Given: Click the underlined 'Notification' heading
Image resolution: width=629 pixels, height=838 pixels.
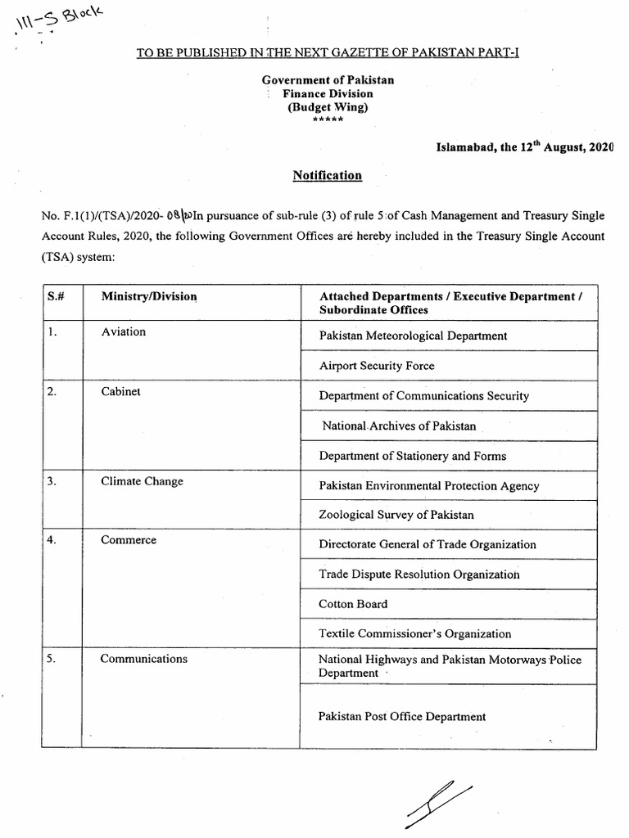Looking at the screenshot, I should coord(328,175).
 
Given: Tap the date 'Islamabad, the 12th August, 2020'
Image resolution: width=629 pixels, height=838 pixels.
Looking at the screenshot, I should coord(524,146).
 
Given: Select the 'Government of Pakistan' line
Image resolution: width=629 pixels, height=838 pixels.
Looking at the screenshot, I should coord(328,79).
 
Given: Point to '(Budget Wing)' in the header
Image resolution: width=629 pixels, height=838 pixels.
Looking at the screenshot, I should coord(328,107).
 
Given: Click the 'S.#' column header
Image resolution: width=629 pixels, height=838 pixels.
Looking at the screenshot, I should coord(56,295).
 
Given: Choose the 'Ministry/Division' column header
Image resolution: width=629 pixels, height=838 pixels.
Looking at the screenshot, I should coord(149,295).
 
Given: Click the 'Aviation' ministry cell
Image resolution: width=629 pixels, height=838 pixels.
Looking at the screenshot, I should coord(123,331).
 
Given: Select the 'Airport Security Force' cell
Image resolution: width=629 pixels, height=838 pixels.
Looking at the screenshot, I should coord(377,366).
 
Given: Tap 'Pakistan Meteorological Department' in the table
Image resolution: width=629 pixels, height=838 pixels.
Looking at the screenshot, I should coord(413,336).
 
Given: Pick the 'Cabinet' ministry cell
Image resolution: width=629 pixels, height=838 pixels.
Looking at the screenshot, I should coord(120,391).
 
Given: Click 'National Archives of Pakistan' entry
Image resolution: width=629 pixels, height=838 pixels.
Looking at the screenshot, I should coord(398,426).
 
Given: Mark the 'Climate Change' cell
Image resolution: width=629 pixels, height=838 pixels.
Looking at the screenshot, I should coord(142,481).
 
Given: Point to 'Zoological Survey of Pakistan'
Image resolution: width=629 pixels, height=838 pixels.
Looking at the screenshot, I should coord(396,515).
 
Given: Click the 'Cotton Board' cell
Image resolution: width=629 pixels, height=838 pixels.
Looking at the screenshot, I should coord(353,604).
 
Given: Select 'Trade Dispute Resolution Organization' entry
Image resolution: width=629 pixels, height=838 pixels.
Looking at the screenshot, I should coord(419,574).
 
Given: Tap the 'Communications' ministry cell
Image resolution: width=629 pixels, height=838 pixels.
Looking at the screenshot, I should coord(143,659).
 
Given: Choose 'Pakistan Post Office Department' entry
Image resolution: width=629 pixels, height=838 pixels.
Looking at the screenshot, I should coord(402,717).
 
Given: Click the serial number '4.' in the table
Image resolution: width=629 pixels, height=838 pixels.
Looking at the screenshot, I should coord(52,541).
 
